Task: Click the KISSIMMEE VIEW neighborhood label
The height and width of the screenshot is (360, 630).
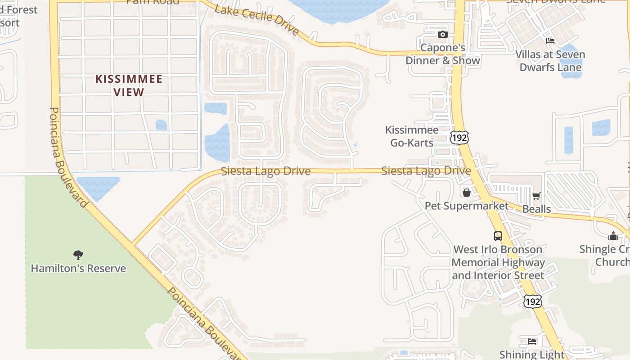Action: click(129, 85)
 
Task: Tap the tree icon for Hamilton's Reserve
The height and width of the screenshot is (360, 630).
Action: click(78, 255)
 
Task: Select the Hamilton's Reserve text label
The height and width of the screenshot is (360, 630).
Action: click(78, 269)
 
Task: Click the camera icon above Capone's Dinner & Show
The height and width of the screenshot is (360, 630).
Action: click(442, 35)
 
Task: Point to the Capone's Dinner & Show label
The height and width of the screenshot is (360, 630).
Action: click(443, 54)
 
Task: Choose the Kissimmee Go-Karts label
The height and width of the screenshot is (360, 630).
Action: click(411, 136)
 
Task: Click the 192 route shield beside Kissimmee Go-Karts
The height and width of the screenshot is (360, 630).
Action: click(459, 138)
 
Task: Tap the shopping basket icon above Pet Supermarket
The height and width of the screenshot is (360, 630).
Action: click(467, 193)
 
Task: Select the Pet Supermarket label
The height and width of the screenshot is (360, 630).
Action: click(467, 206)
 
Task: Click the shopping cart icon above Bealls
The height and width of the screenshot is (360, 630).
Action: click(536, 196)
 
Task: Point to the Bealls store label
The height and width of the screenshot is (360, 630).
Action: click(536, 209)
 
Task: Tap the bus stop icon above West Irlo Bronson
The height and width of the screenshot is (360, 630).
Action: click(498, 236)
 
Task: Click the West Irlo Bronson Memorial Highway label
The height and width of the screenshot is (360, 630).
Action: click(498, 262)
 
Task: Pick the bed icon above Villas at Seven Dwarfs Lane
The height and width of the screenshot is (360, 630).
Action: click(550, 41)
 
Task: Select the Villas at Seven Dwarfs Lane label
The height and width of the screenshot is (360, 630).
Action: click(550, 61)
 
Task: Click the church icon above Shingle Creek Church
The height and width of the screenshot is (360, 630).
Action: click(613, 236)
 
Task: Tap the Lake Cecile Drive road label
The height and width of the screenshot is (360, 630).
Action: click(256, 20)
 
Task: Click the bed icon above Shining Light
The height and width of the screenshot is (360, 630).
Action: click(532, 341)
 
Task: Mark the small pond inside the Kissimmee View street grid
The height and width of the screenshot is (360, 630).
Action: click(161, 125)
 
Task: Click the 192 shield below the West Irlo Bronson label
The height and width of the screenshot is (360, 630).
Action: click(532, 301)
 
